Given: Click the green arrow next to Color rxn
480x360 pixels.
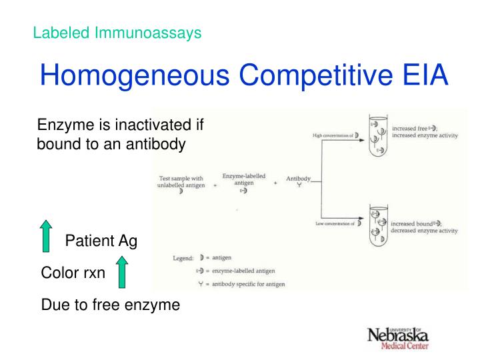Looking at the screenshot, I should [x=121, y=273].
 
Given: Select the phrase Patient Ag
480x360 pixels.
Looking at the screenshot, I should [x=101, y=241].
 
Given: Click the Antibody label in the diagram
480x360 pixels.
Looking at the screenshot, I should [x=299, y=179].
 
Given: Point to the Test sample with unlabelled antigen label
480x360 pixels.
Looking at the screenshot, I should [x=181, y=182].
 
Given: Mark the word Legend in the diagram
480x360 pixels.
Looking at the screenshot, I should [x=183, y=257].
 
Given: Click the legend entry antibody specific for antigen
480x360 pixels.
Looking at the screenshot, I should [x=249, y=285].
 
